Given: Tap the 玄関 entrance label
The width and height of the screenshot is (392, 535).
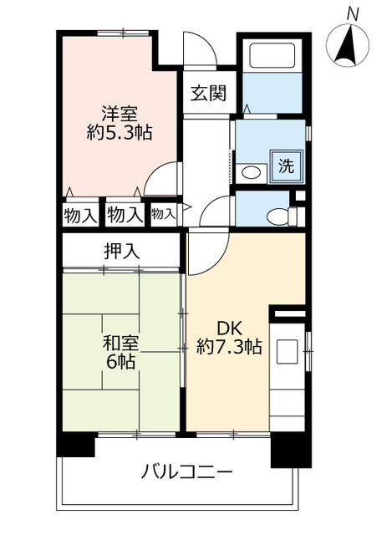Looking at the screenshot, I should (207, 93).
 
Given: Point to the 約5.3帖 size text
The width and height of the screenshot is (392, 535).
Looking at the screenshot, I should (119, 132).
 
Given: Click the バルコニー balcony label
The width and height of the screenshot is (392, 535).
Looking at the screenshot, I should (186, 472).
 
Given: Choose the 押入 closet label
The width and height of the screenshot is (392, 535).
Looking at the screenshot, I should (120, 249).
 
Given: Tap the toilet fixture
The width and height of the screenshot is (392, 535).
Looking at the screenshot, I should (279, 217).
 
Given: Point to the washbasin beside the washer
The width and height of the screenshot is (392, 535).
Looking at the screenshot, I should (249, 173).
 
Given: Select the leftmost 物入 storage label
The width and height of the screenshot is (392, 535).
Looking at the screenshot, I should (80, 215).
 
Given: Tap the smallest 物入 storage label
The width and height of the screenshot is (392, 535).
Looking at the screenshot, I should (163, 214).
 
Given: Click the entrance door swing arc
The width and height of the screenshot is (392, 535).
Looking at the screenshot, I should (200, 48).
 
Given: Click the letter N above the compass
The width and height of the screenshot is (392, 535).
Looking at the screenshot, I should (354, 13).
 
